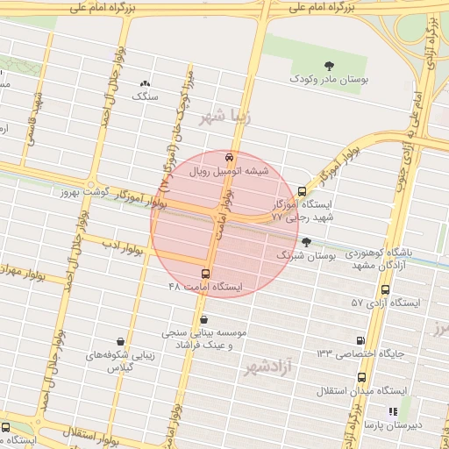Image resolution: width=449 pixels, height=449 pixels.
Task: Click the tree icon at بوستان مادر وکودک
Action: point(329,66)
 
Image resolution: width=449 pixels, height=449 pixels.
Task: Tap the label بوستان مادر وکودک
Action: point(329,80)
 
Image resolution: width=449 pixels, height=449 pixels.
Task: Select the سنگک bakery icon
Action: point(145,84)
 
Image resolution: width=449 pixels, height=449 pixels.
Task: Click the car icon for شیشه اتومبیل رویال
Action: point(229,159)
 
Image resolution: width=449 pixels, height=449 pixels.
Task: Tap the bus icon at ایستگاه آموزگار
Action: point(303,189)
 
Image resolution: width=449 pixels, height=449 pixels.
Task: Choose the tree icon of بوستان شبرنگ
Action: point(306,242)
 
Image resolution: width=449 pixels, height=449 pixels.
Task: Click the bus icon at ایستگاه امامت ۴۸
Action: point(206,274)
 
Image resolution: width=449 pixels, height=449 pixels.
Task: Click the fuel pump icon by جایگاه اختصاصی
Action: point(360,340)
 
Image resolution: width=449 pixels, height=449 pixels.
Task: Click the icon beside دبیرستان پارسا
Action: point(394,410)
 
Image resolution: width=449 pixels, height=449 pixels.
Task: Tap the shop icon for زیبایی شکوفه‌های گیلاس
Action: point(120,342)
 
